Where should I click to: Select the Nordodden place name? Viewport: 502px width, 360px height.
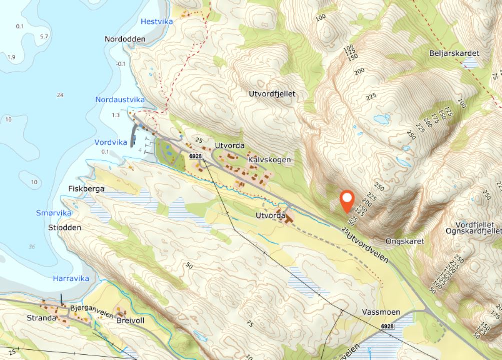point(125,39)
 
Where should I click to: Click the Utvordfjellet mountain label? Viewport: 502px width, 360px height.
point(272,94)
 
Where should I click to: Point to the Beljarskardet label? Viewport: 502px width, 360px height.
point(454,53)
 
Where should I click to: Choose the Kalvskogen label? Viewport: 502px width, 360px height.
point(269,159)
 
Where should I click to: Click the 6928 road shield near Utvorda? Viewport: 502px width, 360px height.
point(195,156)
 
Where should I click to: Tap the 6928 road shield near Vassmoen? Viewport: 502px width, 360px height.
point(387,326)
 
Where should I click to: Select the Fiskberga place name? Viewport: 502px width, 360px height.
point(86,189)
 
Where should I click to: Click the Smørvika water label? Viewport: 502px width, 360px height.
point(54,213)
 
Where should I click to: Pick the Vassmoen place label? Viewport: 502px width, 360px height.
point(381,312)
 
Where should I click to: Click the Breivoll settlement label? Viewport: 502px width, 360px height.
point(130,320)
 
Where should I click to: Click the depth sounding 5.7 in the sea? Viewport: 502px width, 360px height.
point(44,37)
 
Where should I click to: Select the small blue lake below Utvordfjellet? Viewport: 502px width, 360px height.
point(382,119)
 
